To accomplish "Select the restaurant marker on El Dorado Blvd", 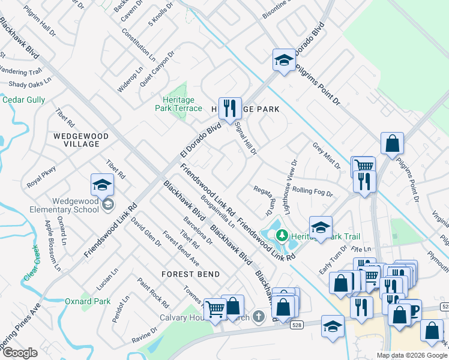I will pos(230,109).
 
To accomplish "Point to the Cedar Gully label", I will pos(24,100).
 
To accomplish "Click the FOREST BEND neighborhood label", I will pos(190,274).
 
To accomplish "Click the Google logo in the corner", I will pos(20,353).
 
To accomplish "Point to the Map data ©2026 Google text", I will pos(412,355).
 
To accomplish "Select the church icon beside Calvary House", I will pos(259,316).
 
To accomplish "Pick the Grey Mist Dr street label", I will pos(326,155).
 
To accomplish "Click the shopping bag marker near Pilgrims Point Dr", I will pos(392,143).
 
